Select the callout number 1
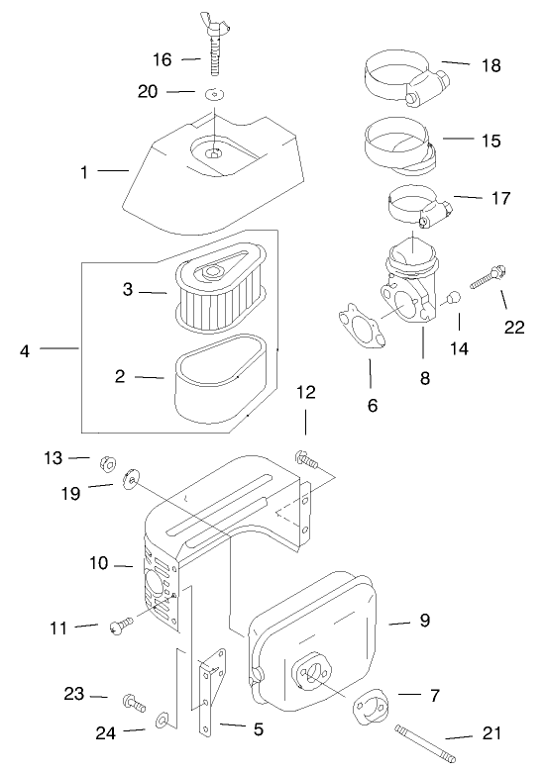[85, 172]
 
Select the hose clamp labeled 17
[417, 205]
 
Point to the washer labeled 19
[130, 482]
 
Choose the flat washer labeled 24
[161, 716]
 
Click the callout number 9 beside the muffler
[424, 621]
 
